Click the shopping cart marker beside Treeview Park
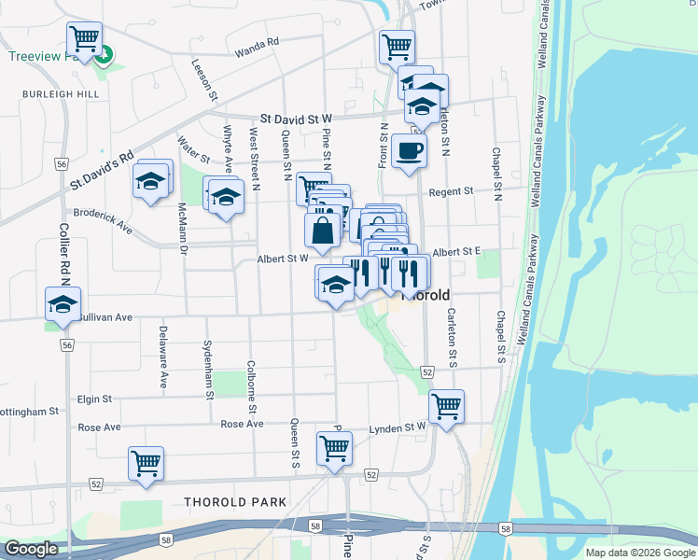[84, 40]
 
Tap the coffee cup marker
[409, 150]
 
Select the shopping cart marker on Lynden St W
[447, 407]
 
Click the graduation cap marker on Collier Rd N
[63, 305]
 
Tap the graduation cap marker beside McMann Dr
[151, 182]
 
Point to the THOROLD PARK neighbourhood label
[235, 502]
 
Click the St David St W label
[296, 119]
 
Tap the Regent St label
[452, 192]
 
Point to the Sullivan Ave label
[105, 317]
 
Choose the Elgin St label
[95, 399]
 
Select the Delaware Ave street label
[162, 356]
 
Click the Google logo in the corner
[31, 550]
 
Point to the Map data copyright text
[640, 553]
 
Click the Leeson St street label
[204, 79]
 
